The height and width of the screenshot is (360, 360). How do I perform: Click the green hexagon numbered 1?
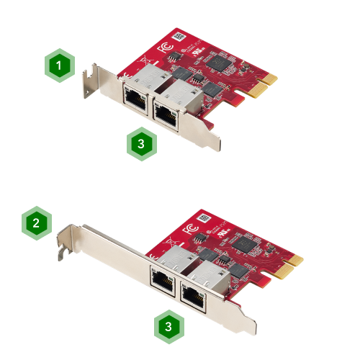60,66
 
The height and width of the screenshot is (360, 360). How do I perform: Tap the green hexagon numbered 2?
36,223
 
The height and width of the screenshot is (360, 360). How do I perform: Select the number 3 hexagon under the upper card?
142,143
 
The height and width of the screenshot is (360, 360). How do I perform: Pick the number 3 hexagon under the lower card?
168,326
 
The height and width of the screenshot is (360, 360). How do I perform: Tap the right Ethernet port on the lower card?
192,294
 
